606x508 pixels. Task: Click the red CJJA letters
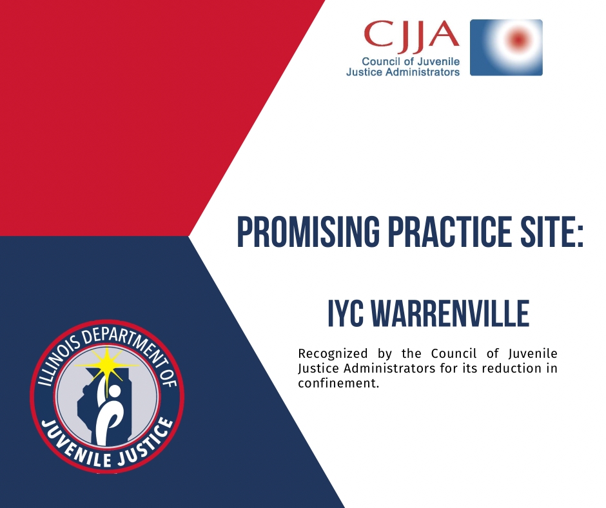point(411,35)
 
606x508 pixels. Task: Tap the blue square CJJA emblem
point(506,47)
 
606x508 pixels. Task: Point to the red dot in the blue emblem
point(518,39)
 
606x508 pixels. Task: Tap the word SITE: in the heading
point(552,232)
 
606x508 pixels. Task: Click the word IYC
point(346,313)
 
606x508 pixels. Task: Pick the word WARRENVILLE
point(450,313)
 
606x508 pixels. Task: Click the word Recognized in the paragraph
point(333,354)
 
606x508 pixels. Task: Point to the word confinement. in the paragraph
point(338,383)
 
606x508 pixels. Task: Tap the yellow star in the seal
point(106,365)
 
